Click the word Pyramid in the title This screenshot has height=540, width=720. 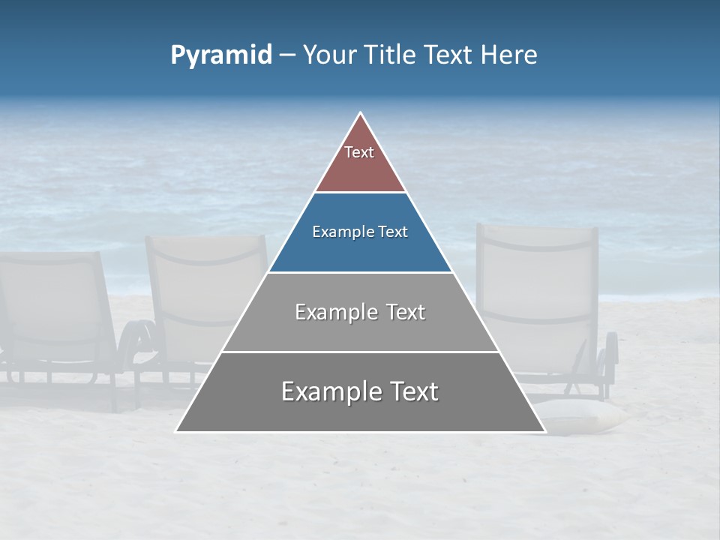[x=221, y=55]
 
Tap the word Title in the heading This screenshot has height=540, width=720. [x=391, y=55]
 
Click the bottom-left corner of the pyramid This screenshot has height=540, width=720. [x=176, y=431]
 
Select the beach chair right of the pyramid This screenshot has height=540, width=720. [x=540, y=300]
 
